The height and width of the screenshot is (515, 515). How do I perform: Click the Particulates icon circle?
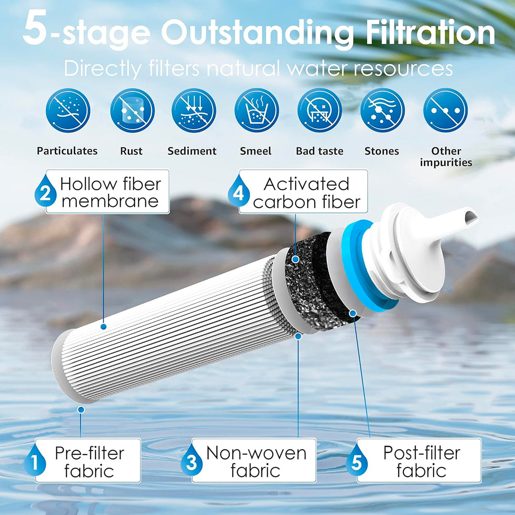68,110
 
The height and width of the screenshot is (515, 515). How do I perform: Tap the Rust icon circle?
132,110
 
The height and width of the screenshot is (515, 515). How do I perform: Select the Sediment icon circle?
194,110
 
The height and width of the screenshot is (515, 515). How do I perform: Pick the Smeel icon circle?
257,110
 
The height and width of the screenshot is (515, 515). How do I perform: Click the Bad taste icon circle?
319,110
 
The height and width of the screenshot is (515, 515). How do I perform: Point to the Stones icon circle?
382,110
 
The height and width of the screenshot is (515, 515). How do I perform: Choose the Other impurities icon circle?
445,110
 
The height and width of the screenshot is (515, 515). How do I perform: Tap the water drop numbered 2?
45,191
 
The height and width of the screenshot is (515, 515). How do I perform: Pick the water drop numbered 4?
239,191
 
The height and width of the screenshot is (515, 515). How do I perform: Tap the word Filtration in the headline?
430,32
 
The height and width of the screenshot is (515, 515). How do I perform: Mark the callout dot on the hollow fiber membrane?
103,327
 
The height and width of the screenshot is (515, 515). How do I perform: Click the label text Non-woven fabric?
256,462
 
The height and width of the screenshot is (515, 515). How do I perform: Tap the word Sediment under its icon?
192,151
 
